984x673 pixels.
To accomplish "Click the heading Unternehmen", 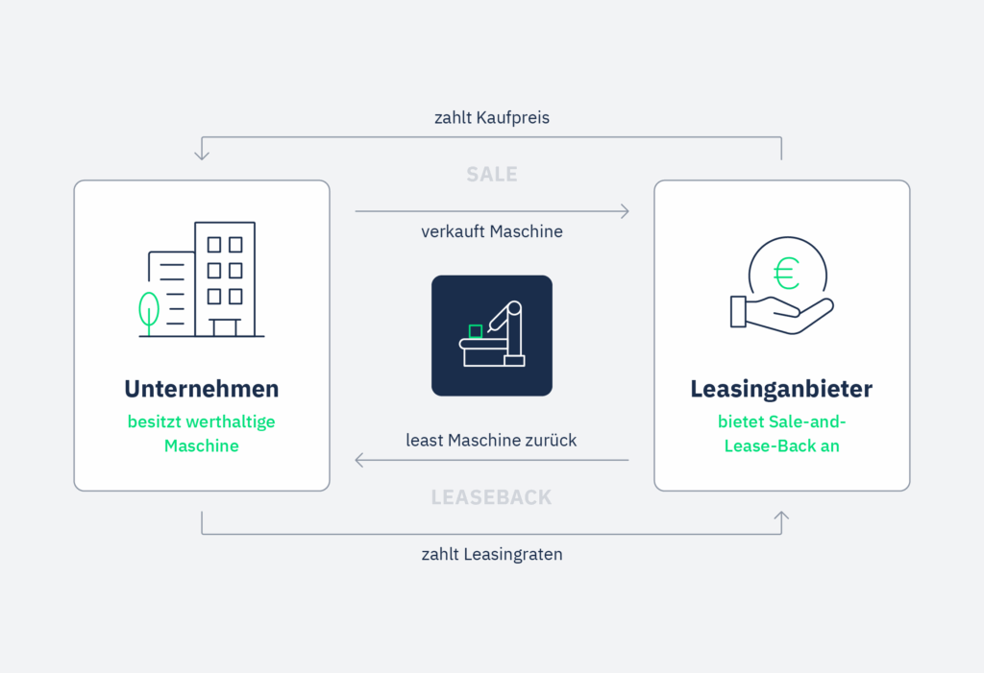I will (x=202, y=389).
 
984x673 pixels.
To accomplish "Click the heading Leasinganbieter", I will (x=781, y=389).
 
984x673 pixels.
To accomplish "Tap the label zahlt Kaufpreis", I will (x=492, y=118).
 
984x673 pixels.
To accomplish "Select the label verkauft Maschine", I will (x=492, y=231).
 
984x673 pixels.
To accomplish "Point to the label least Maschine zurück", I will (x=491, y=440).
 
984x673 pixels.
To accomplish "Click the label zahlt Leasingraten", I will (x=492, y=554).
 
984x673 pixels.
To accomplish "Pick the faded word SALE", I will (x=492, y=174).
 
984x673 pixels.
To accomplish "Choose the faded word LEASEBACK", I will (x=491, y=497).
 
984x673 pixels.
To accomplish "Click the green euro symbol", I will (x=786, y=275).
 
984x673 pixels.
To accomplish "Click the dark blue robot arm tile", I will (x=492, y=335).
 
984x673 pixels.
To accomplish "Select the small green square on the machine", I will (x=475, y=331).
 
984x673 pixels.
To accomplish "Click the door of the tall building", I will (x=225, y=327).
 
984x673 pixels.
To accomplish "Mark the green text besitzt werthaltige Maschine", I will (x=202, y=433).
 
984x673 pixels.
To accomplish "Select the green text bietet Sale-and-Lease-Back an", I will (x=781, y=433).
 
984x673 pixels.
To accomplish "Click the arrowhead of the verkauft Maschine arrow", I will (x=626, y=211).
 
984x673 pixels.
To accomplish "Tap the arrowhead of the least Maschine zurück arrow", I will (x=359, y=460).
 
